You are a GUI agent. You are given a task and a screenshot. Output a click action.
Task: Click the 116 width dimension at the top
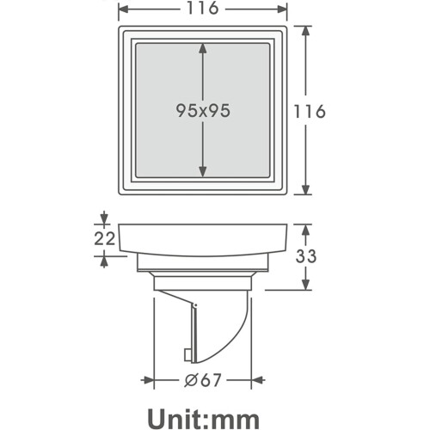click(203, 8)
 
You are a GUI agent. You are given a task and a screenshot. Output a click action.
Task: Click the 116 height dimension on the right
click(310, 111)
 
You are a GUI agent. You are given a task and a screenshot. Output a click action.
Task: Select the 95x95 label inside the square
click(203, 111)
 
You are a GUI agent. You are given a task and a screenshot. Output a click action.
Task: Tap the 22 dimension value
click(105, 238)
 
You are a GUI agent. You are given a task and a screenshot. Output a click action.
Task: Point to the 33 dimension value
click(306, 256)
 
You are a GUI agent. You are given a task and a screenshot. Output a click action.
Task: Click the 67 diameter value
click(211, 380)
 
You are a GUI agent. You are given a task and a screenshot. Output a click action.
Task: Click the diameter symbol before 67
click(191, 380)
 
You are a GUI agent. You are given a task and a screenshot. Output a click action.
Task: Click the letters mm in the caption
click(235, 421)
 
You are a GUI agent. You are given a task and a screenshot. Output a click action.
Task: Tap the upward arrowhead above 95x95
click(203, 48)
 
